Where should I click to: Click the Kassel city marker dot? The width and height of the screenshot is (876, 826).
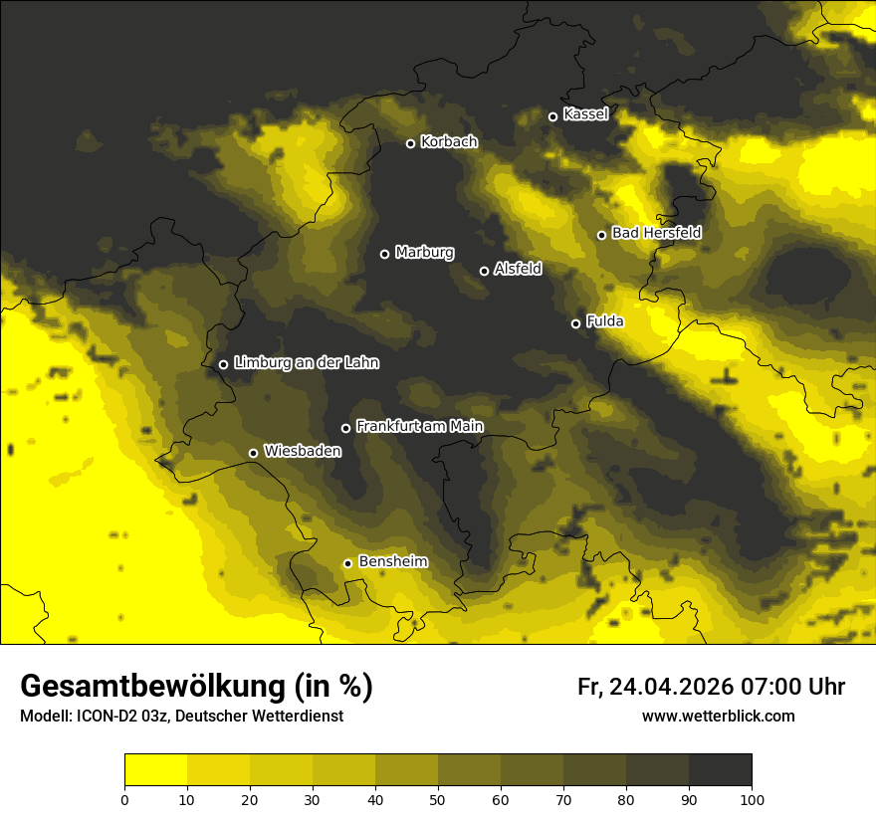(553, 116)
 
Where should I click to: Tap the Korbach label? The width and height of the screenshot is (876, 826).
(449, 142)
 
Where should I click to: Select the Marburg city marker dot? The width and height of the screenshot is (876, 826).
(384, 254)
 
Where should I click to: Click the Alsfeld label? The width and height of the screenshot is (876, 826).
(518, 269)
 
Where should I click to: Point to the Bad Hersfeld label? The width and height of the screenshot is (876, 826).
(656, 233)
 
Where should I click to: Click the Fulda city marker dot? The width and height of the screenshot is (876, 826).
(575, 323)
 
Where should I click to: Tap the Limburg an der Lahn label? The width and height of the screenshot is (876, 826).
(306, 363)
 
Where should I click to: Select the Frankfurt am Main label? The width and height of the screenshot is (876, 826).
(419, 426)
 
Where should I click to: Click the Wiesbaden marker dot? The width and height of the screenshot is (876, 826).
(253, 453)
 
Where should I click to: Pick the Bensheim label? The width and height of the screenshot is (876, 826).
(392, 561)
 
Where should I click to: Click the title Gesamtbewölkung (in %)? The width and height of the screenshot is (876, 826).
(196, 687)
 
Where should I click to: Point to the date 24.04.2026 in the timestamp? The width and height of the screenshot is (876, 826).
(668, 687)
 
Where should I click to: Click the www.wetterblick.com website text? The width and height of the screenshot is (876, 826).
(718, 716)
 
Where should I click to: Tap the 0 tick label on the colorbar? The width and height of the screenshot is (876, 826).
(124, 799)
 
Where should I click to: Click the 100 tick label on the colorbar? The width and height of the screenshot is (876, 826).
(752, 799)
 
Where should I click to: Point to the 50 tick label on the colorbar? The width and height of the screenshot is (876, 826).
(438, 799)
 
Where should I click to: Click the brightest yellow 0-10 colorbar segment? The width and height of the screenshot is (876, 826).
(155, 770)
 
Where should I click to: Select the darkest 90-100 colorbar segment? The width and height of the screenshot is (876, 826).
(720, 770)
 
